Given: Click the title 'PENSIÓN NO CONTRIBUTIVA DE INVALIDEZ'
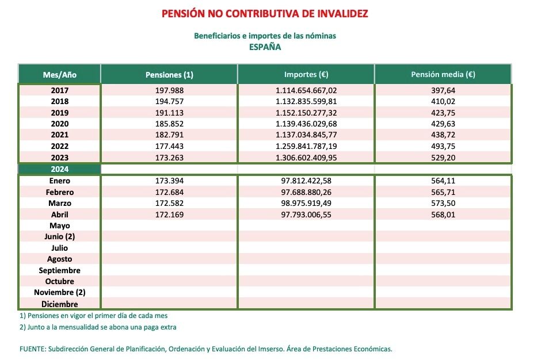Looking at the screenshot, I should tap(265, 13).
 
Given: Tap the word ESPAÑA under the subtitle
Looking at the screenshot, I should tap(265, 47).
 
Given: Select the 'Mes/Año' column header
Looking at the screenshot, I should tap(60, 75).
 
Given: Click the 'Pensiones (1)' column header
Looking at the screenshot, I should tap(169, 75).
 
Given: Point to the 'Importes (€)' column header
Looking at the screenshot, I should tap(306, 75).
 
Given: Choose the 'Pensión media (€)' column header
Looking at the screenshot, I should tap(443, 75).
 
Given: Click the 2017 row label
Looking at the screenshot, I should tap(60, 90).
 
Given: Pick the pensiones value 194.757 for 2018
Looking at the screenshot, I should tap(169, 101).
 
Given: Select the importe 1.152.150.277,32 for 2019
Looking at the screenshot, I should tap(306, 113).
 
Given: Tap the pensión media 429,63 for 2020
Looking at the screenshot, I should tap(443, 124).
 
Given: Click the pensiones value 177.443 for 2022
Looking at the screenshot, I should tap(169, 146).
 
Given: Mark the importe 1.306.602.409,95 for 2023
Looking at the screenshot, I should tap(306, 157).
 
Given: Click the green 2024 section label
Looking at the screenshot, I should tap(60, 169).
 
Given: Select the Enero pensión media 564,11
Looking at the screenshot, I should tap(443, 181).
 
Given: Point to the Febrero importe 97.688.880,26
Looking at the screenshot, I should tap(306, 192).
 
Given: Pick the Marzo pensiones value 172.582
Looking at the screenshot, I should tap(169, 203).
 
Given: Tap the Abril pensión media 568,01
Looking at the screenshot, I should tap(443, 215).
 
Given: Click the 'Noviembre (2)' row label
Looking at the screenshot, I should tap(60, 293).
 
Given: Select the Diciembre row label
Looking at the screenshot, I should tap(60, 304).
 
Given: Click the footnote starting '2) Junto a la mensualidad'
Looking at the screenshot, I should tap(98, 327).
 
